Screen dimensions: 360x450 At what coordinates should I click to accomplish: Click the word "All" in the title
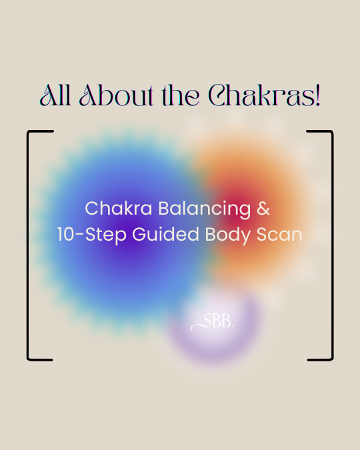point(55,95)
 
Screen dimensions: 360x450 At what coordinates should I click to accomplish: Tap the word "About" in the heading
point(116,95)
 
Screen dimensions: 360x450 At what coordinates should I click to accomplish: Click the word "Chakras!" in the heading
point(264,95)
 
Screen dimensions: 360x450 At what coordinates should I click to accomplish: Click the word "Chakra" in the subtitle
point(118,208)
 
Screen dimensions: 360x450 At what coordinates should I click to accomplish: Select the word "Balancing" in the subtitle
point(205,209)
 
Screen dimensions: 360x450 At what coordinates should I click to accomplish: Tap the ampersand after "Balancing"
point(263,208)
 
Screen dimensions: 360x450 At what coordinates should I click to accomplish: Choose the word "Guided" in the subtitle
point(165,235)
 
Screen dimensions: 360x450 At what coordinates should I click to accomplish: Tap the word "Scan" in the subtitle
point(279,235)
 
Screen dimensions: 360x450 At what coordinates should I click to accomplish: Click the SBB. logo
point(213,322)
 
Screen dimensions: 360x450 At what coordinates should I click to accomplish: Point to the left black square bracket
point(27,245)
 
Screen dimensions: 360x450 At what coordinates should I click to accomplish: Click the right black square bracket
point(333,245)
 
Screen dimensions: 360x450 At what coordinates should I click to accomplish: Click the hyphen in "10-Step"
point(81,235)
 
